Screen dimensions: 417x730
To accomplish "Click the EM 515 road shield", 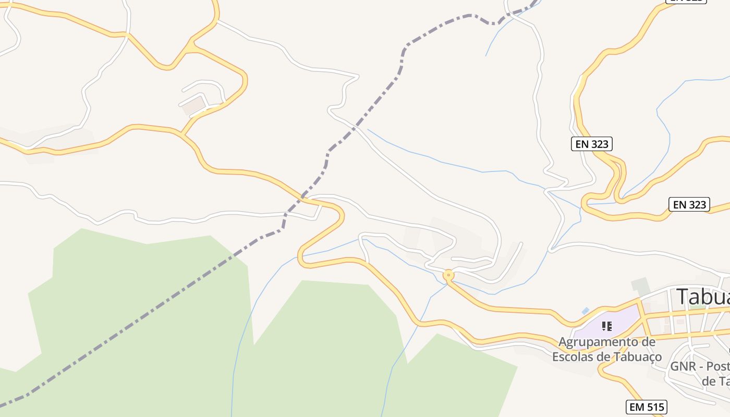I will [646, 407].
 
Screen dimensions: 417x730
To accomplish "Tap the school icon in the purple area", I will [606, 326].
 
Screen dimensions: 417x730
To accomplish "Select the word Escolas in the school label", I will [572, 357].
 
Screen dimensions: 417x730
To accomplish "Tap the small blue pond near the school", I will [586, 311].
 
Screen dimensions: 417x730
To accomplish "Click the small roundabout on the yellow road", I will [448, 274].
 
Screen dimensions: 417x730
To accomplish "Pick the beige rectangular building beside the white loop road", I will [193, 106].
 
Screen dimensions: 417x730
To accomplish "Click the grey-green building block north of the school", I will [640, 285].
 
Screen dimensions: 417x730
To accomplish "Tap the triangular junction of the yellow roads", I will [191, 47].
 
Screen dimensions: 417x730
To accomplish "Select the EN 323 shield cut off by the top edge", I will [686, 2].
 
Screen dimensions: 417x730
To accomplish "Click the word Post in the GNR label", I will [715, 366].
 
